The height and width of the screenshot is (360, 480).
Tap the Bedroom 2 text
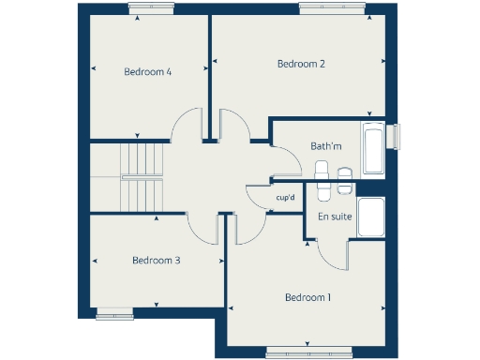pos(301,64)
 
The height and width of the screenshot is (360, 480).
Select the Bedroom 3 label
pos(156,260)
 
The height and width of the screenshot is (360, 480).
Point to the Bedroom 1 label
pos(308,297)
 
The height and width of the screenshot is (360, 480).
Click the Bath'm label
pos(326,145)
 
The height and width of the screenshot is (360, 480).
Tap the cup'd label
pos(286,198)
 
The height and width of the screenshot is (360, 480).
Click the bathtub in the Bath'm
pos(373,148)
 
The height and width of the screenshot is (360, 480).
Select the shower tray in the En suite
pos(371,217)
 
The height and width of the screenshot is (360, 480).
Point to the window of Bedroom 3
pos(115,315)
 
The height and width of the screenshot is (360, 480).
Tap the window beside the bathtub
pos(394,137)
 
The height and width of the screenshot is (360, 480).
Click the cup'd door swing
pos(257,198)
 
